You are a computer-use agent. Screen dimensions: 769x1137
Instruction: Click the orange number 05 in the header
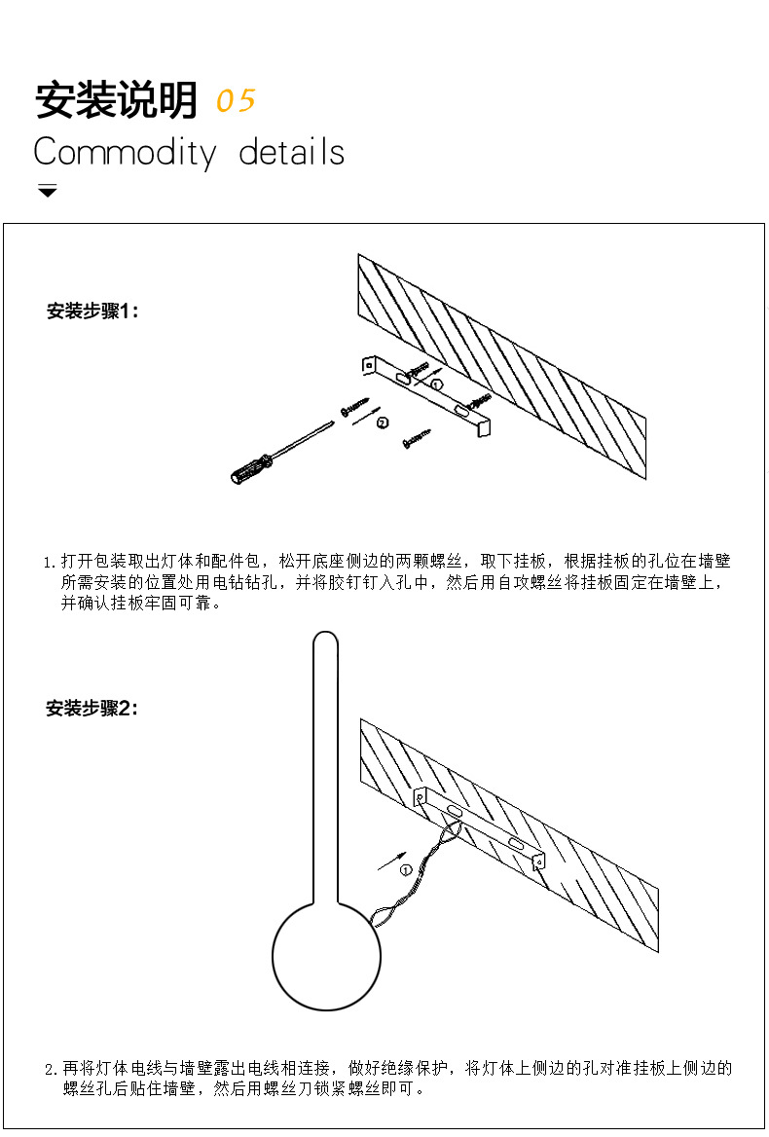pyautogui.click(x=236, y=100)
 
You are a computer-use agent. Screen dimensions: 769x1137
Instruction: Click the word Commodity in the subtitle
pyautogui.click(x=124, y=153)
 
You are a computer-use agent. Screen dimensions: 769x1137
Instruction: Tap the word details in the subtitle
pyautogui.click(x=292, y=153)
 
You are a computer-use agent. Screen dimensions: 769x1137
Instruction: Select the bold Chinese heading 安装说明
pyautogui.click(x=116, y=100)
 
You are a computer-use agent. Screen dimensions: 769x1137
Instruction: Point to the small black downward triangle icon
pyautogui.click(x=48, y=191)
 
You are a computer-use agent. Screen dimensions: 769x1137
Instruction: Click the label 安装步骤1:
pyautogui.click(x=92, y=312)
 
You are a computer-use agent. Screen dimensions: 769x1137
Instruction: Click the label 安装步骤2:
pyautogui.click(x=92, y=709)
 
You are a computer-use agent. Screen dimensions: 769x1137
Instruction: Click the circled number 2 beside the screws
pyautogui.click(x=383, y=422)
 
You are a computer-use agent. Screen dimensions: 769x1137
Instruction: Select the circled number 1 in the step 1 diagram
pyautogui.click(x=435, y=385)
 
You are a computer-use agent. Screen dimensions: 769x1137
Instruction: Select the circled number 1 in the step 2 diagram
pyautogui.click(x=406, y=869)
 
